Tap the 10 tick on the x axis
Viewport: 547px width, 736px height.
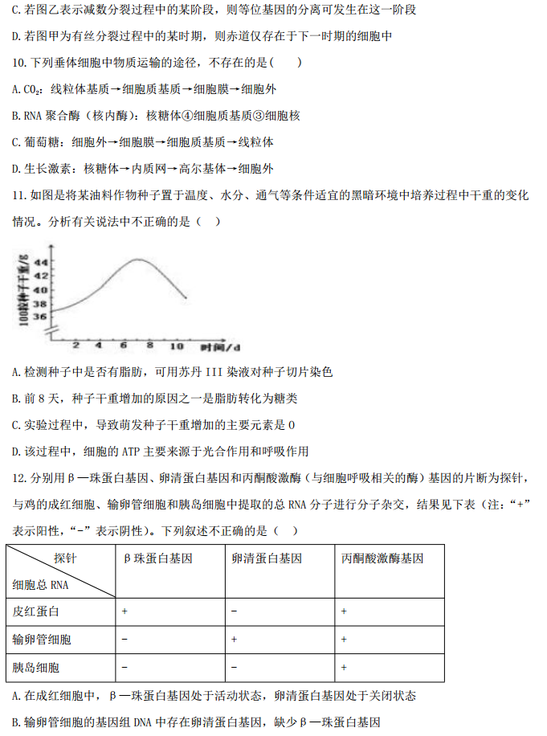click(176, 345)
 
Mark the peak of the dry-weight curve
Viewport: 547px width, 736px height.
click(138, 260)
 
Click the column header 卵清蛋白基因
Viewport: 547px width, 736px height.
click(266, 558)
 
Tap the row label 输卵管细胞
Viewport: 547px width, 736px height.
click(42, 640)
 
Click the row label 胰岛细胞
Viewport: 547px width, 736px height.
click(37, 667)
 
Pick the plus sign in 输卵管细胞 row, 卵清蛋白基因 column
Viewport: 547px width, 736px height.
click(233, 640)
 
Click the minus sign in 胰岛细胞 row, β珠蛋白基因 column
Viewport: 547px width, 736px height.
click(125, 667)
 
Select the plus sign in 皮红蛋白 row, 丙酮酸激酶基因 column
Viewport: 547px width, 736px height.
click(343, 611)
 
